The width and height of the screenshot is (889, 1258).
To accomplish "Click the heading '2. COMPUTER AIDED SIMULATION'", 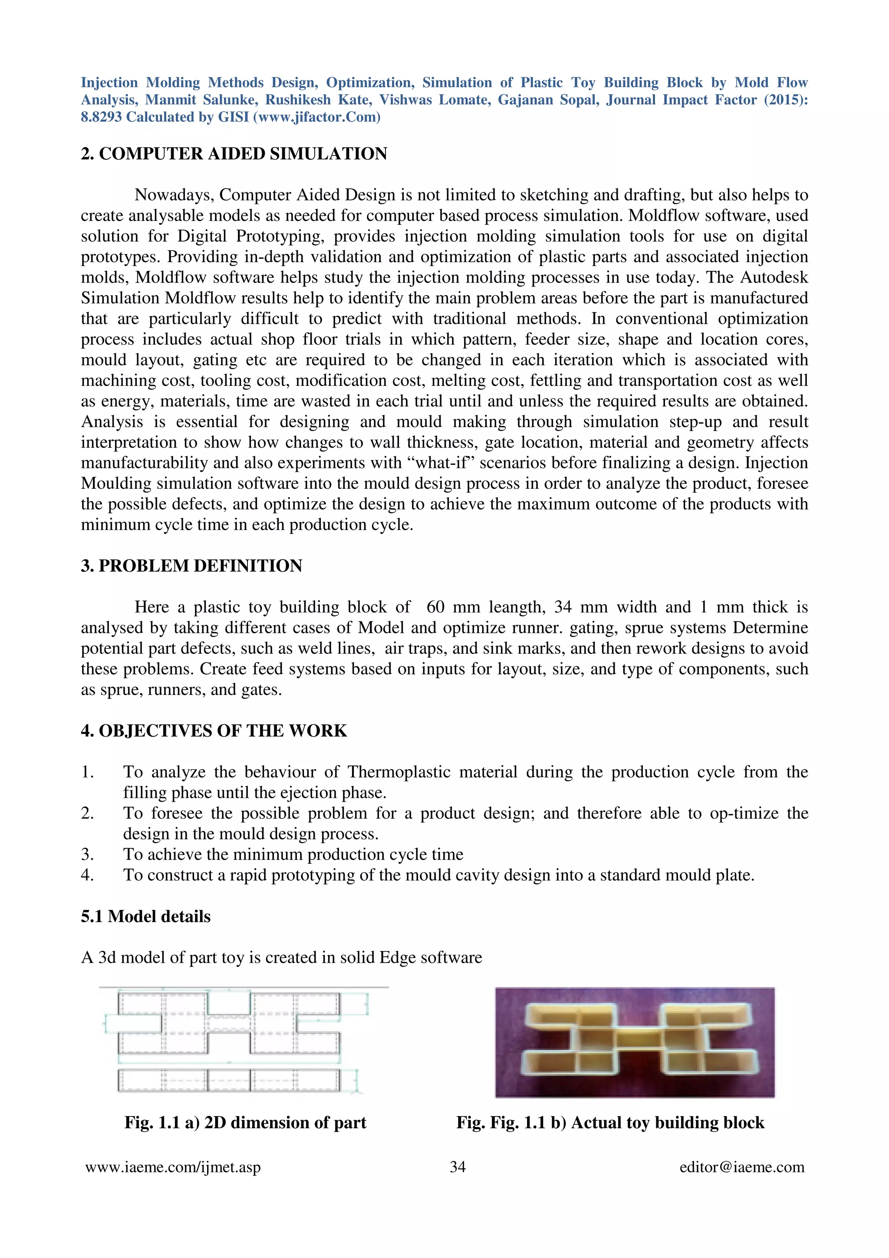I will click(234, 154).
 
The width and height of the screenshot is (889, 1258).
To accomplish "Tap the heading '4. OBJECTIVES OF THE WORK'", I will click(214, 731).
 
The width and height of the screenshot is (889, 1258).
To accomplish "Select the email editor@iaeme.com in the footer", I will click(742, 1168).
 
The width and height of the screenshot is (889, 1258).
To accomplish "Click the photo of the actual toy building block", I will click(634, 1042).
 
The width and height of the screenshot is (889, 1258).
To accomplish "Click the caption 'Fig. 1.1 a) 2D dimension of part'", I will click(245, 1123).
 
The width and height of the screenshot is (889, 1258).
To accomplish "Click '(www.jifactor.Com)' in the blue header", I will click(316, 117).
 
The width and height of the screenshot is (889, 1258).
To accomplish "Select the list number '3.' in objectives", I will click(88, 855).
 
